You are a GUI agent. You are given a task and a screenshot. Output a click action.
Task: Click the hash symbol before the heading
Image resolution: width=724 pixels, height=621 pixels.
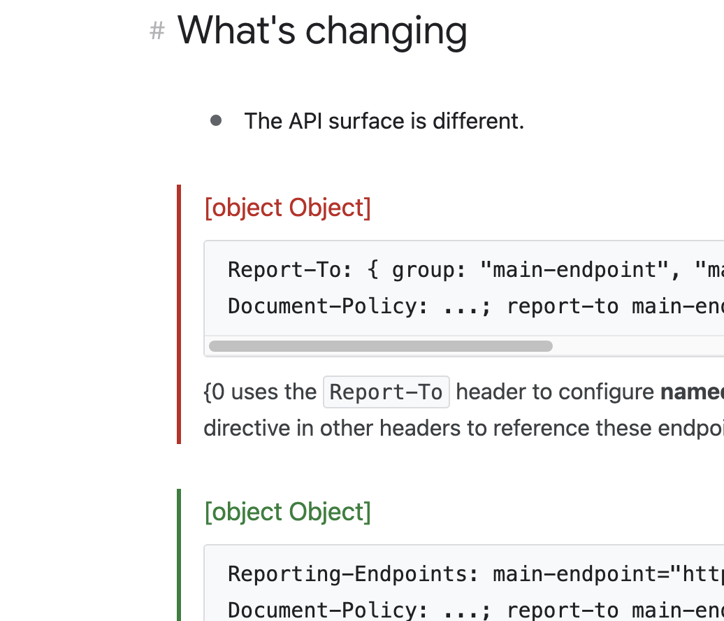tap(157, 31)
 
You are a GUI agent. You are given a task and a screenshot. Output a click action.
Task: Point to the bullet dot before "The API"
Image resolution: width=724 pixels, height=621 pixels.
tap(216, 120)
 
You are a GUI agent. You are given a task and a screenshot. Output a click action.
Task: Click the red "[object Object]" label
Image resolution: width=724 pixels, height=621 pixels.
tap(287, 208)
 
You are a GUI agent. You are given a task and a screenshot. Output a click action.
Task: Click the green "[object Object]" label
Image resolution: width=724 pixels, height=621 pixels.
tap(287, 512)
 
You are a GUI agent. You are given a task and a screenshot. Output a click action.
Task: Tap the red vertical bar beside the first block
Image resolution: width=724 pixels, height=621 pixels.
tap(179, 314)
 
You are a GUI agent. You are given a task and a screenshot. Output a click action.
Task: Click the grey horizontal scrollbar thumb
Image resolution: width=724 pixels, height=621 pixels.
tap(380, 346)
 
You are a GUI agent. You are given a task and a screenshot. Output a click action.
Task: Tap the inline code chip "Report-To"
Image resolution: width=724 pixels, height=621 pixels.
tap(386, 392)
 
